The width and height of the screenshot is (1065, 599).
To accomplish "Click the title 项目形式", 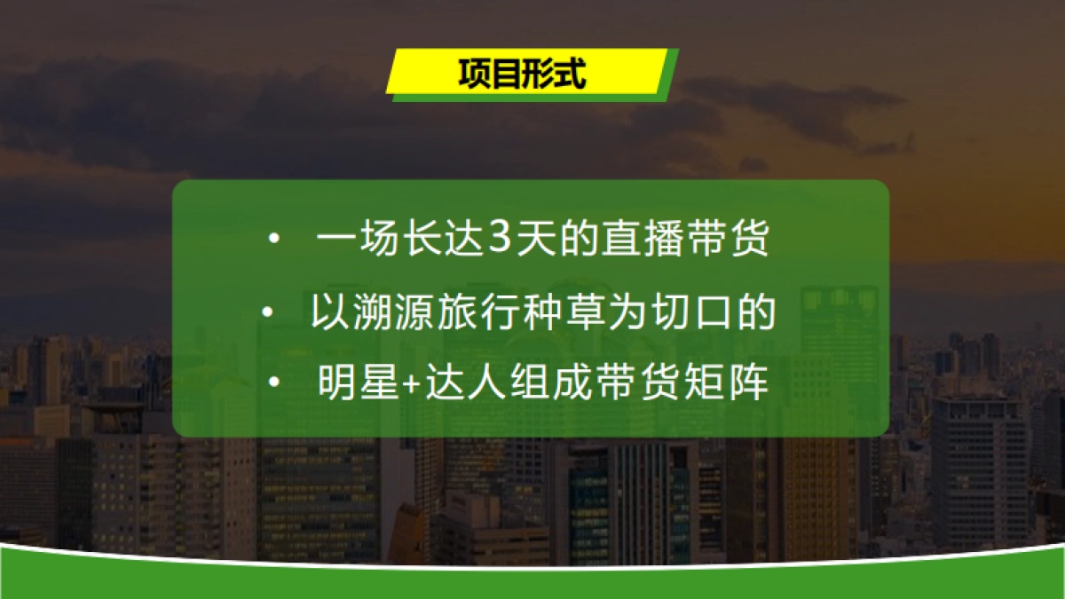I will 523,74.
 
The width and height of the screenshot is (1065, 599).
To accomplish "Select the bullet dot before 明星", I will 274,386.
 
